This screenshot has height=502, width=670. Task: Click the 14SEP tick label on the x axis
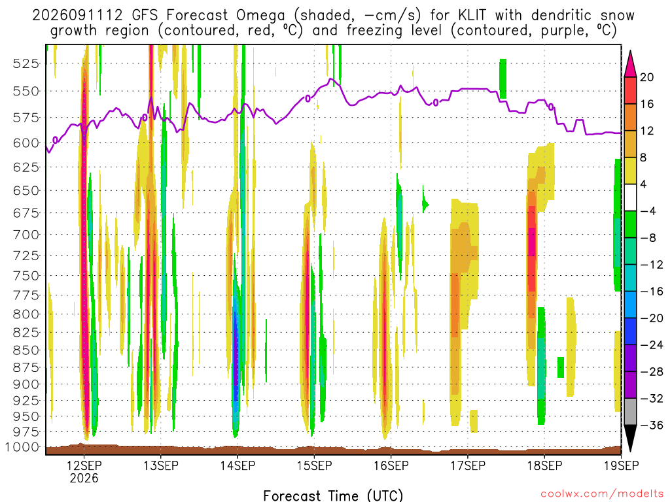click(238, 465)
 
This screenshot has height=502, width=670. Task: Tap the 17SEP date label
click(468, 465)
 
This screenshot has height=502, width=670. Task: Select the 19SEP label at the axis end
click(622, 465)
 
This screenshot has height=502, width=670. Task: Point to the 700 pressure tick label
click(26, 235)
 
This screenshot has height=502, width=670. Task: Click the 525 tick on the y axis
click(26, 63)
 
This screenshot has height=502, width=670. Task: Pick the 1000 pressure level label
click(22, 447)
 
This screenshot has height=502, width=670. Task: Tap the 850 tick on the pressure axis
click(26, 350)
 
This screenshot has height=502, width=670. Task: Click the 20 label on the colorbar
click(647, 77)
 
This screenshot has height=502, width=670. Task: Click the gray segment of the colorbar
click(630, 412)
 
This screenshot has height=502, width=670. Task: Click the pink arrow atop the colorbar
click(630, 63)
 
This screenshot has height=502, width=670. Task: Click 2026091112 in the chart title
click(77, 16)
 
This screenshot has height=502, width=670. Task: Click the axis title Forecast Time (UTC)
click(333, 495)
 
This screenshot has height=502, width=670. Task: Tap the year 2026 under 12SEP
click(84, 478)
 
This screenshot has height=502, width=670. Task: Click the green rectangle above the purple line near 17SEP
click(503, 79)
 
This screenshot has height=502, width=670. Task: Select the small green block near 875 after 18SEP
click(561, 367)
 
